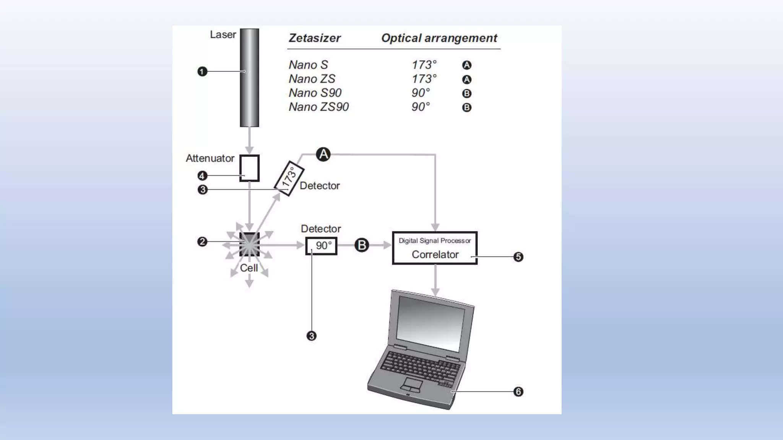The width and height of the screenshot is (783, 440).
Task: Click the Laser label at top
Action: [223, 35]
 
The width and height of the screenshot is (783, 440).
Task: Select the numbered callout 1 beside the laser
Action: [202, 71]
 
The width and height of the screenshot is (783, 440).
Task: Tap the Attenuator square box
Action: [249, 168]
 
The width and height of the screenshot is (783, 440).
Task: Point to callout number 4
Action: [202, 176]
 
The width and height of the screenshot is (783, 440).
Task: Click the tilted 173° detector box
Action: [289, 178]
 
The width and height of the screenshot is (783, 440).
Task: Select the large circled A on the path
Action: [323, 154]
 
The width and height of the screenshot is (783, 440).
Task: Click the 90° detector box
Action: [321, 246]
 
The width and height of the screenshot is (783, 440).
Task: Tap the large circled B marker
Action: [362, 245]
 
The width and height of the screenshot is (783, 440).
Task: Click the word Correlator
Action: [435, 255]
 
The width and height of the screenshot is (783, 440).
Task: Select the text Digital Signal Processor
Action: [435, 241]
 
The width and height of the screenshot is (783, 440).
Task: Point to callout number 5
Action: [518, 257]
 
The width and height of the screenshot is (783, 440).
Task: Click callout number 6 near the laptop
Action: [518, 391]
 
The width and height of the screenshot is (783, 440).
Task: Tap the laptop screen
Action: [431, 324]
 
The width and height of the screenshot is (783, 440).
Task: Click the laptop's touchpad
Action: [411, 384]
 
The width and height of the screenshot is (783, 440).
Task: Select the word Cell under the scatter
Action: [249, 268]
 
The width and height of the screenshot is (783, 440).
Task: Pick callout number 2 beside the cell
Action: [202, 242]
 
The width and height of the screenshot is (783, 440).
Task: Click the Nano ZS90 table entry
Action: [318, 107]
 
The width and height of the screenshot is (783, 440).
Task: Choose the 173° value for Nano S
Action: [424, 65]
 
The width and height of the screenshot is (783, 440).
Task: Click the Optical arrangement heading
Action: [439, 38]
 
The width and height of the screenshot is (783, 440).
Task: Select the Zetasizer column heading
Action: [314, 38]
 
